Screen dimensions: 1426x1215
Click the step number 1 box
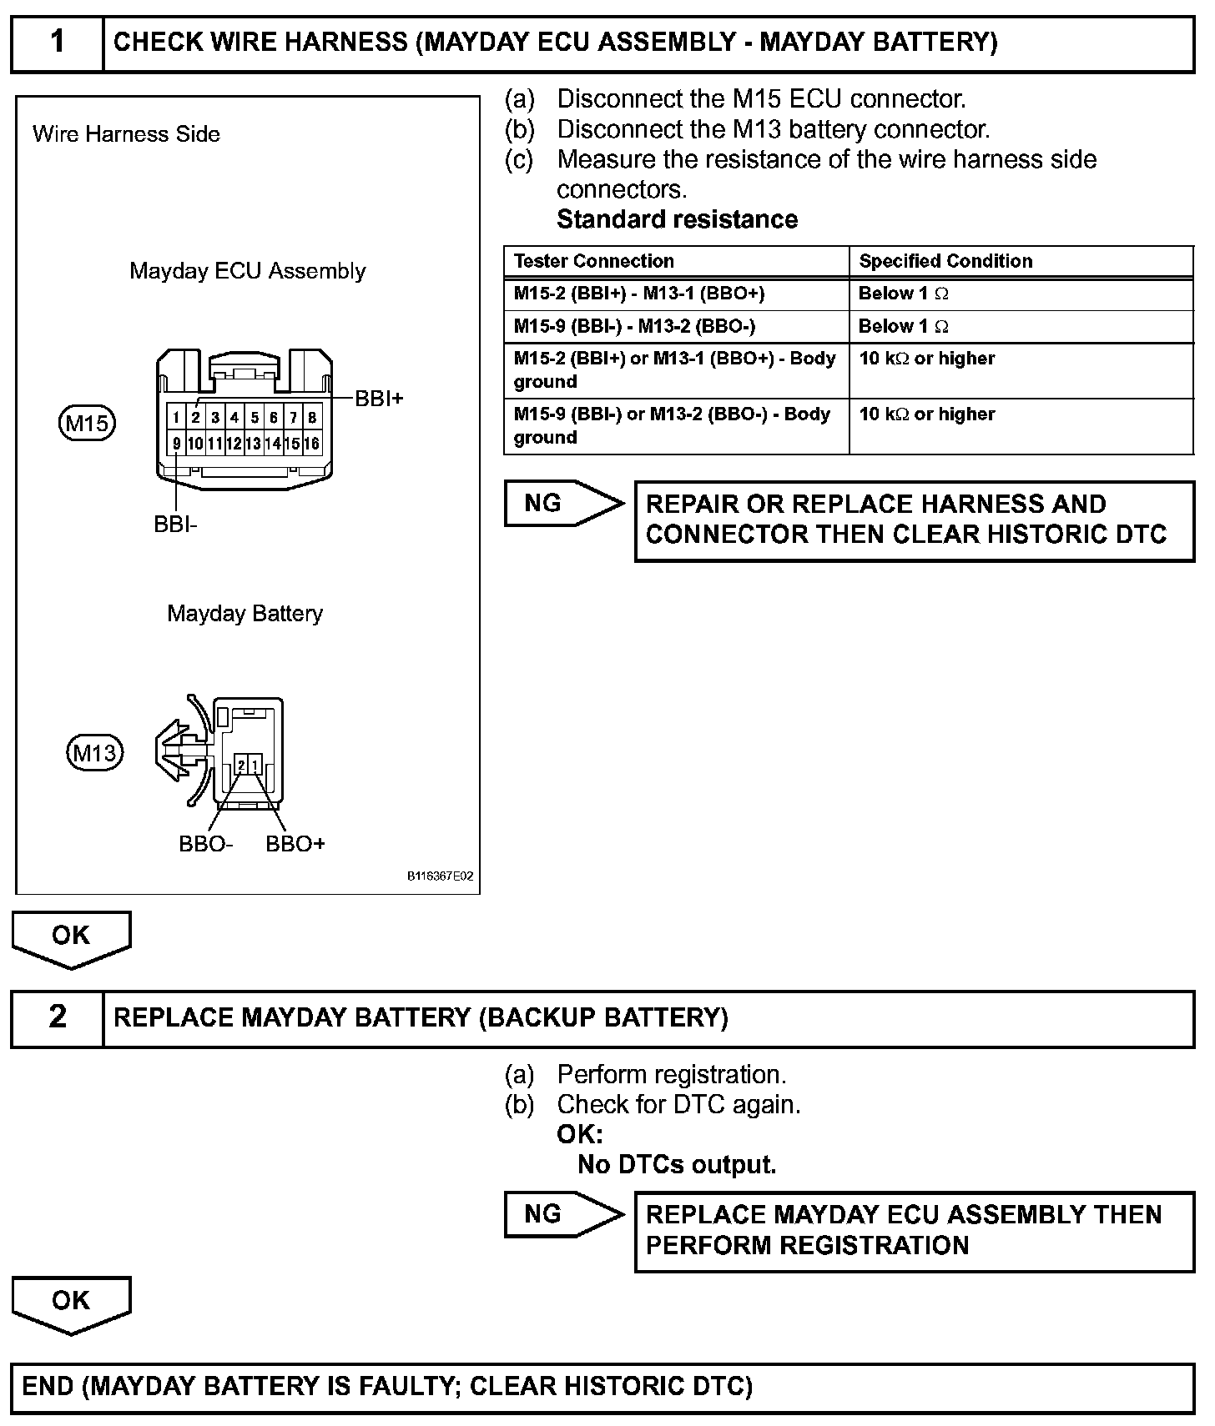(57, 43)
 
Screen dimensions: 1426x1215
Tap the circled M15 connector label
(87, 424)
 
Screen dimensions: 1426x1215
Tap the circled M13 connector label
(94, 753)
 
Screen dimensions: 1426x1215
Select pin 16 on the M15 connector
(312, 444)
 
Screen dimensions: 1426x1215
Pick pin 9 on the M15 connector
(176, 444)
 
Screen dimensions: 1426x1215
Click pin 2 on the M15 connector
(195, 418)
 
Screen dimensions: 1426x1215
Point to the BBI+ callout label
(379, 399)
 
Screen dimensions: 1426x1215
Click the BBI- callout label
(175, 525)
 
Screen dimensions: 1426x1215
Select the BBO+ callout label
(295, 844)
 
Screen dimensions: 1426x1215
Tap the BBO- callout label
(205, 844)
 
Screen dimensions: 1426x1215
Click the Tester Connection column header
(593, 261)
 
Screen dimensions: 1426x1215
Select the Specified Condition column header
(945, 261)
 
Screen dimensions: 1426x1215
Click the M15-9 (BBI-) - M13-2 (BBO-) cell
(634, 326)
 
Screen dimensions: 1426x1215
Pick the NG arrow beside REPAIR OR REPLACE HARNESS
(563, 504)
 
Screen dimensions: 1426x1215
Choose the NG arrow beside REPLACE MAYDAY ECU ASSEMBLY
(563, 1214)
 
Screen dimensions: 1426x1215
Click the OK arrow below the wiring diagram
(71, 937)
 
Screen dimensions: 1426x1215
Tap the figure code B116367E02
(440, 876)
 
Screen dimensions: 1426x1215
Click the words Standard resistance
(677, 219)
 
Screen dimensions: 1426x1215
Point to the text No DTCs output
(677, 1164)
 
